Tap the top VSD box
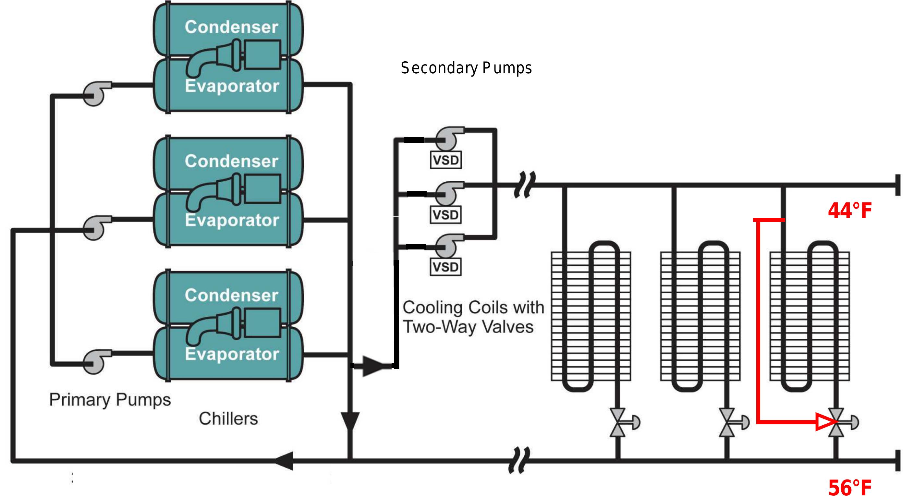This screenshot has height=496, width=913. coord(445,160)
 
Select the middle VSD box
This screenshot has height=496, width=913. coord(445,215)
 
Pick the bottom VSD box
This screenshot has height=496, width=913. coord(445,267)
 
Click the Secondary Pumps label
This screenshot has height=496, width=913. coord(466,68)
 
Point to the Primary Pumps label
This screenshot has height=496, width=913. coord(110,400)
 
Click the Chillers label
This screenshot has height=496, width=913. coord(228,419)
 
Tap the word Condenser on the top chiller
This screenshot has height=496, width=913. coord(231,27)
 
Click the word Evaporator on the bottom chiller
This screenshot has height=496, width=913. coord(232,354)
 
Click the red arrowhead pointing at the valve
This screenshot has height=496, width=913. coord(825,422)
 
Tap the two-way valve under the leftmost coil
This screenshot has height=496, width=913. coord(618,422)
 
